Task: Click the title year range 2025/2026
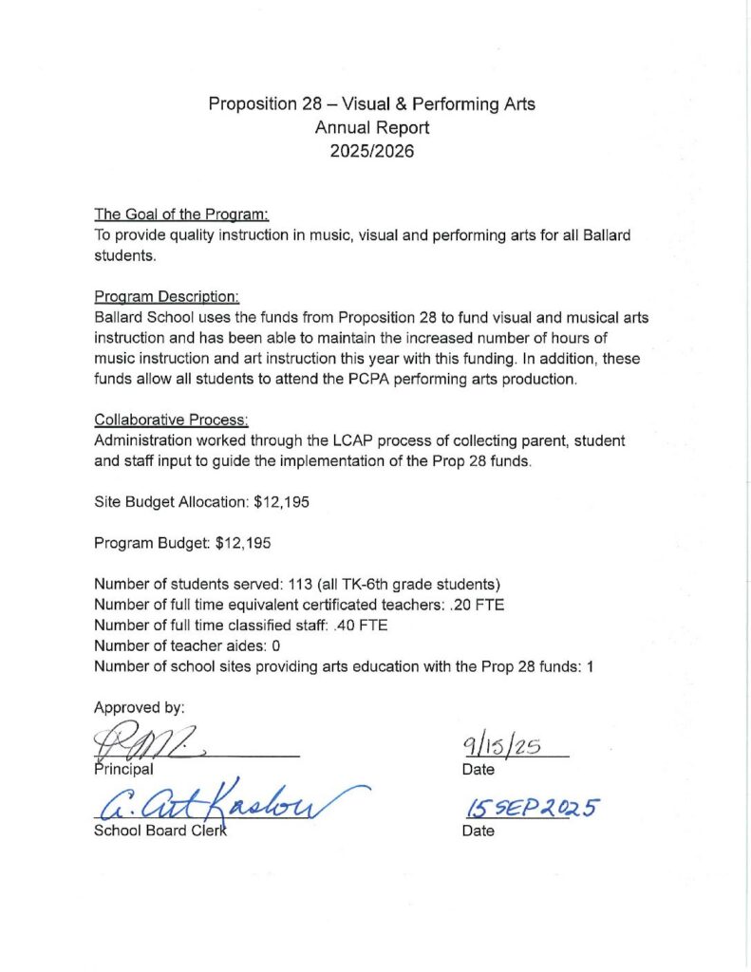coord(371,150)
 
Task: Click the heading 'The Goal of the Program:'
coord(182,215)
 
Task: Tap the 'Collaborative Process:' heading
coord(171,420)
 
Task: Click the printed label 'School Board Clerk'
coord(160,831)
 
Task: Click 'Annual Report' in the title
coord(371,127)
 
